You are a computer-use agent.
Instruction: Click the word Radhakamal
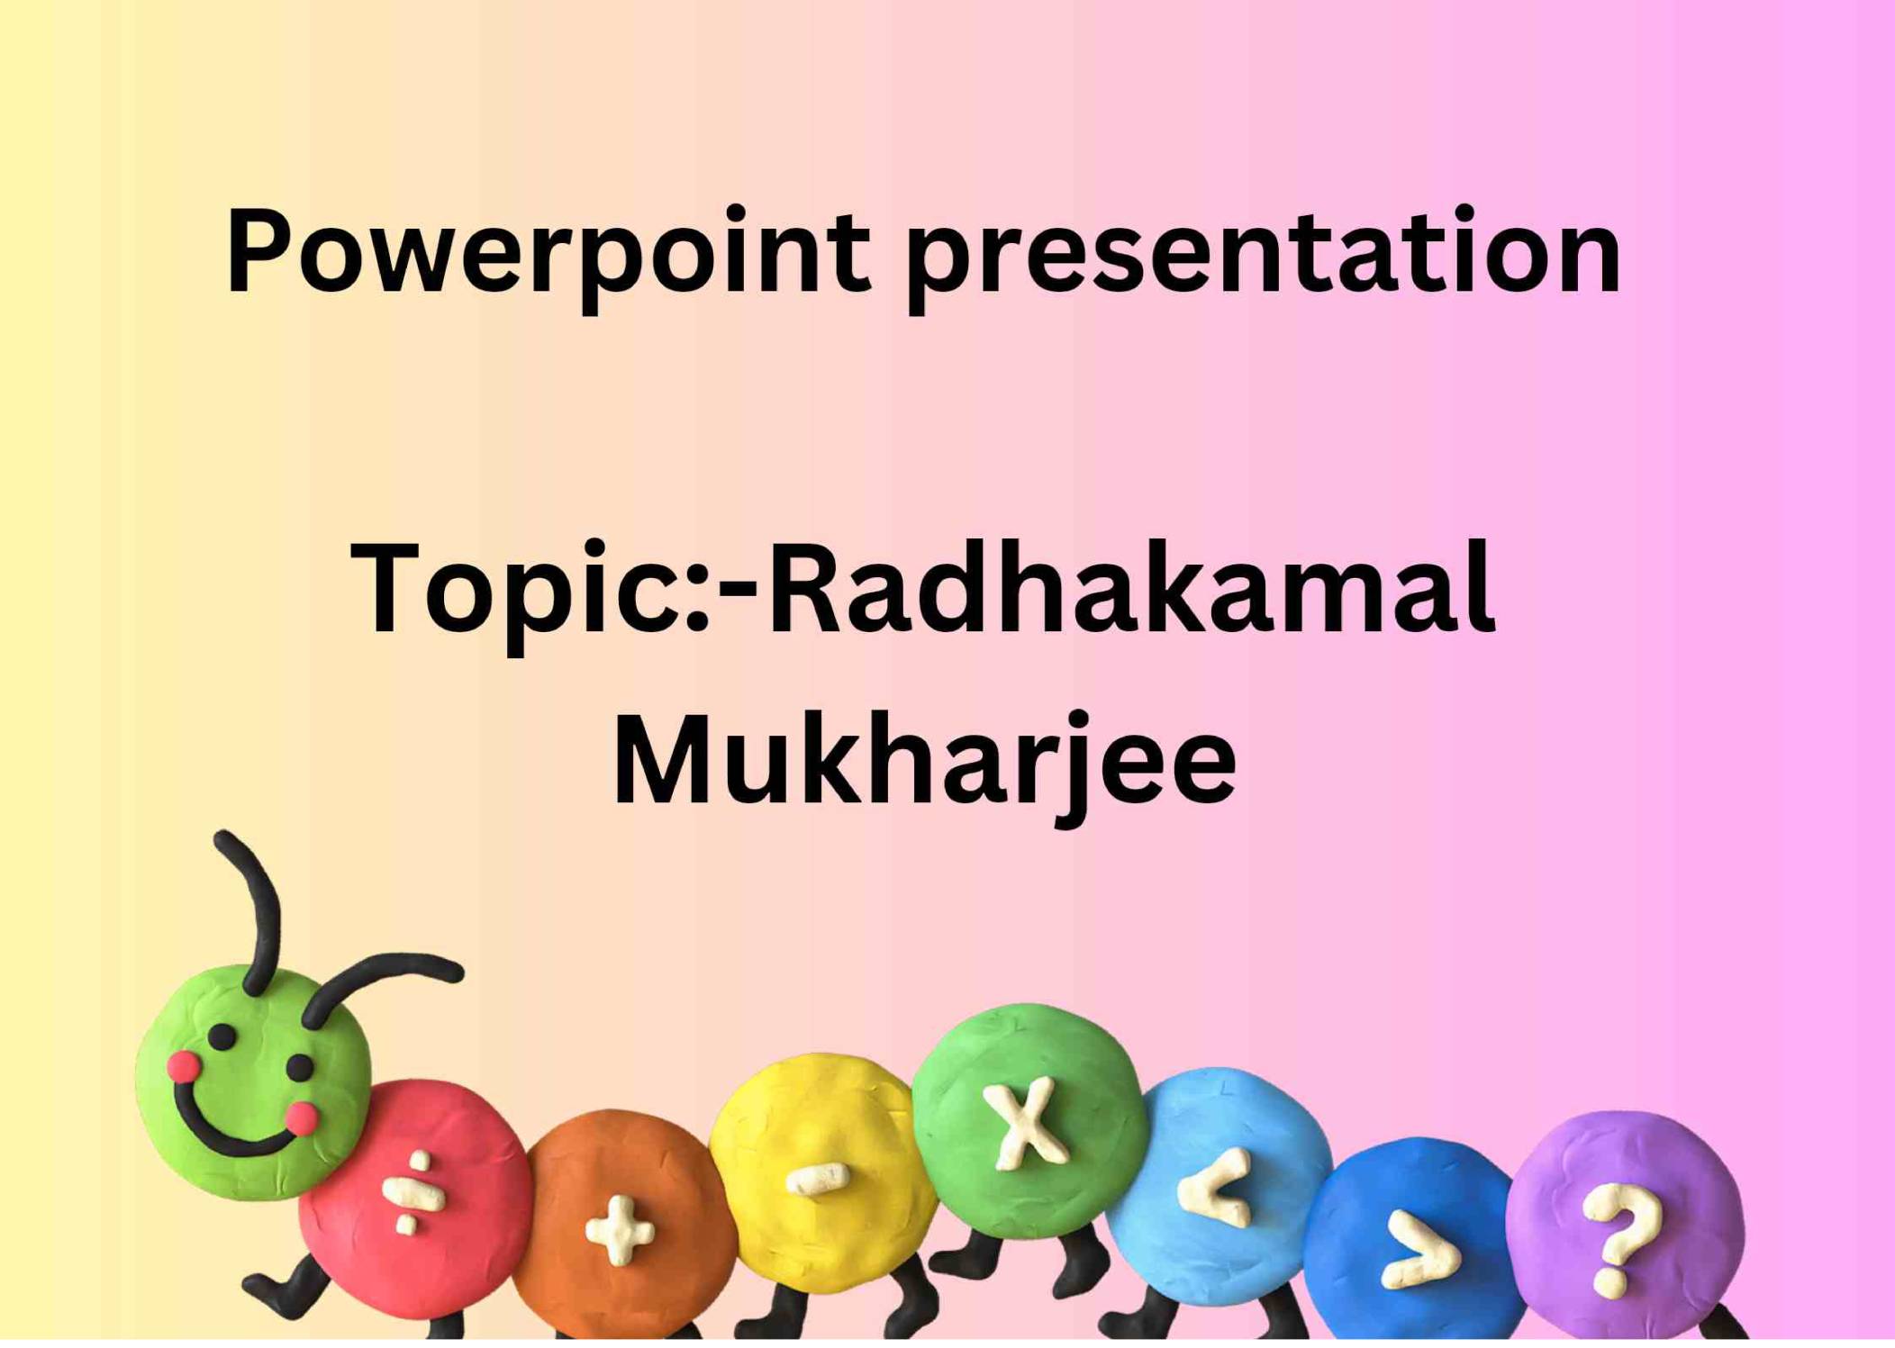pos(1130,590)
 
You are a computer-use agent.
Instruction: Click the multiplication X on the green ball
pos(1028,1122)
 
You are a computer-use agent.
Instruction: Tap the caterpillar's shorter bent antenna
pos(378,982)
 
